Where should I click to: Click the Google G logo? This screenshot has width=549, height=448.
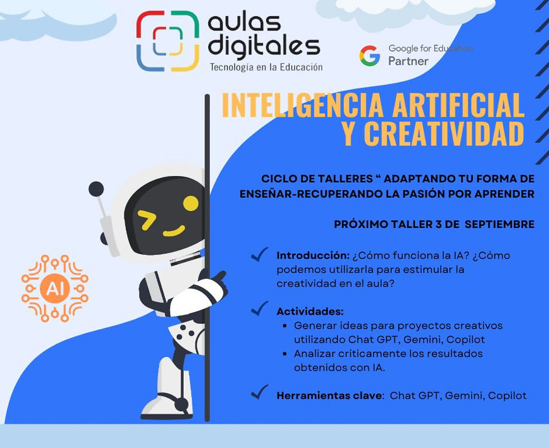(370, 55)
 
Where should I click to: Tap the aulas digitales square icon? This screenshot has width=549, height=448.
(168, 41)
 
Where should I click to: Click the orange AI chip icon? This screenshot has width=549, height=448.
(55, 289)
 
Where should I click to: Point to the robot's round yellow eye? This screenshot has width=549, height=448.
(191, 203)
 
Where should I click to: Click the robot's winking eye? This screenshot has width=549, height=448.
(146, 220)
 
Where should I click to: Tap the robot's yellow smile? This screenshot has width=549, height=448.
(174, 231)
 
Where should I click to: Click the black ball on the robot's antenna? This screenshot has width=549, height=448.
(96, 189)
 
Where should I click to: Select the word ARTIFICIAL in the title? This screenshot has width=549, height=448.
(458, 105)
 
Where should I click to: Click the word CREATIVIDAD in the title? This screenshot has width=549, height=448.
(444, 134)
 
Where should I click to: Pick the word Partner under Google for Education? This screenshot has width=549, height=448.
(408, 61)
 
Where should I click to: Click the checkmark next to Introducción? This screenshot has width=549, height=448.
(260, 254)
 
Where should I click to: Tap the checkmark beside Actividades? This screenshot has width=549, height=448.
(260, 308)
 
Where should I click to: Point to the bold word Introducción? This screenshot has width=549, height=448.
(313, 255)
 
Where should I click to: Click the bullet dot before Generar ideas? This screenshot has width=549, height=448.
(285, 326)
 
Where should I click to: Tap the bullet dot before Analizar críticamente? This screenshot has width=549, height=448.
(285, 354)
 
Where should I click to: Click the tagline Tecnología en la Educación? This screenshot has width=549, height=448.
(266, 67)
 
